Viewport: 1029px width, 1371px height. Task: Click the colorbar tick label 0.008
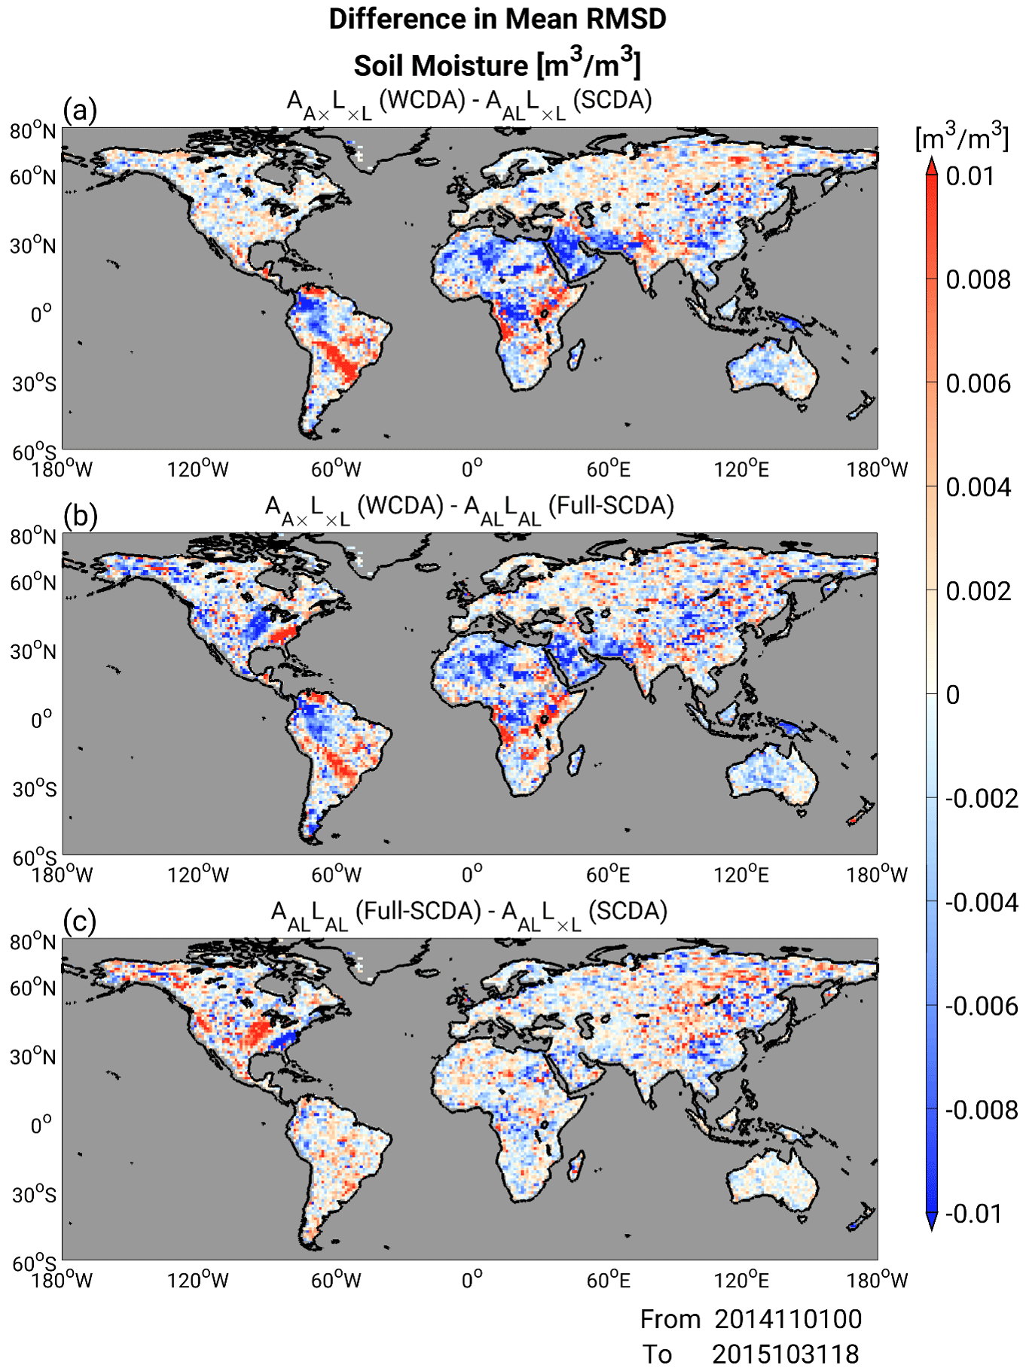pyautogui.click(x=978, y=280)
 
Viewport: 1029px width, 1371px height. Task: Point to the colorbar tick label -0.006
pyautogui.click(x=981, y=1006)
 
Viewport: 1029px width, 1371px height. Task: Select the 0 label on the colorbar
pyautogui.click(x=953, y=695)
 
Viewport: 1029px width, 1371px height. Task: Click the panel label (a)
pyautogui.click(x=80, y=111)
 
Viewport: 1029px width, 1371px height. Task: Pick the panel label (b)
pyautogui.click(x=80, y=516)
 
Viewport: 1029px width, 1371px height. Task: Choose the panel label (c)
pyautogui.click(x=80, y=922)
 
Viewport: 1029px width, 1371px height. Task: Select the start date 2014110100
pyautogui.click(x=788, y=1319)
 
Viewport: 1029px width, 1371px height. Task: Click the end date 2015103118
pyautogui.click(x=785, y=1354)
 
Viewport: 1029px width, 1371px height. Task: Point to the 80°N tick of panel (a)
pyautogui.click(x=33, y=132)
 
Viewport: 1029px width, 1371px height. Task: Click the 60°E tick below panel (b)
pyautogui.click(x=608, y=875)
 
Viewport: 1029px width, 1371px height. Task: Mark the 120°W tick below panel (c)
pyautogui.click(x=197, y=1280)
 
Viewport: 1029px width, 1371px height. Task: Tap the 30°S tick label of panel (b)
pyautogui.click(x=34, y=790)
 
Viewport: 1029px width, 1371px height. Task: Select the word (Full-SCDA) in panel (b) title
pyautogui.click(x=611, y=506)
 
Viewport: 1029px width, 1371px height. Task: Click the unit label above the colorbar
pyautogui.click(x=962, y=138)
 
